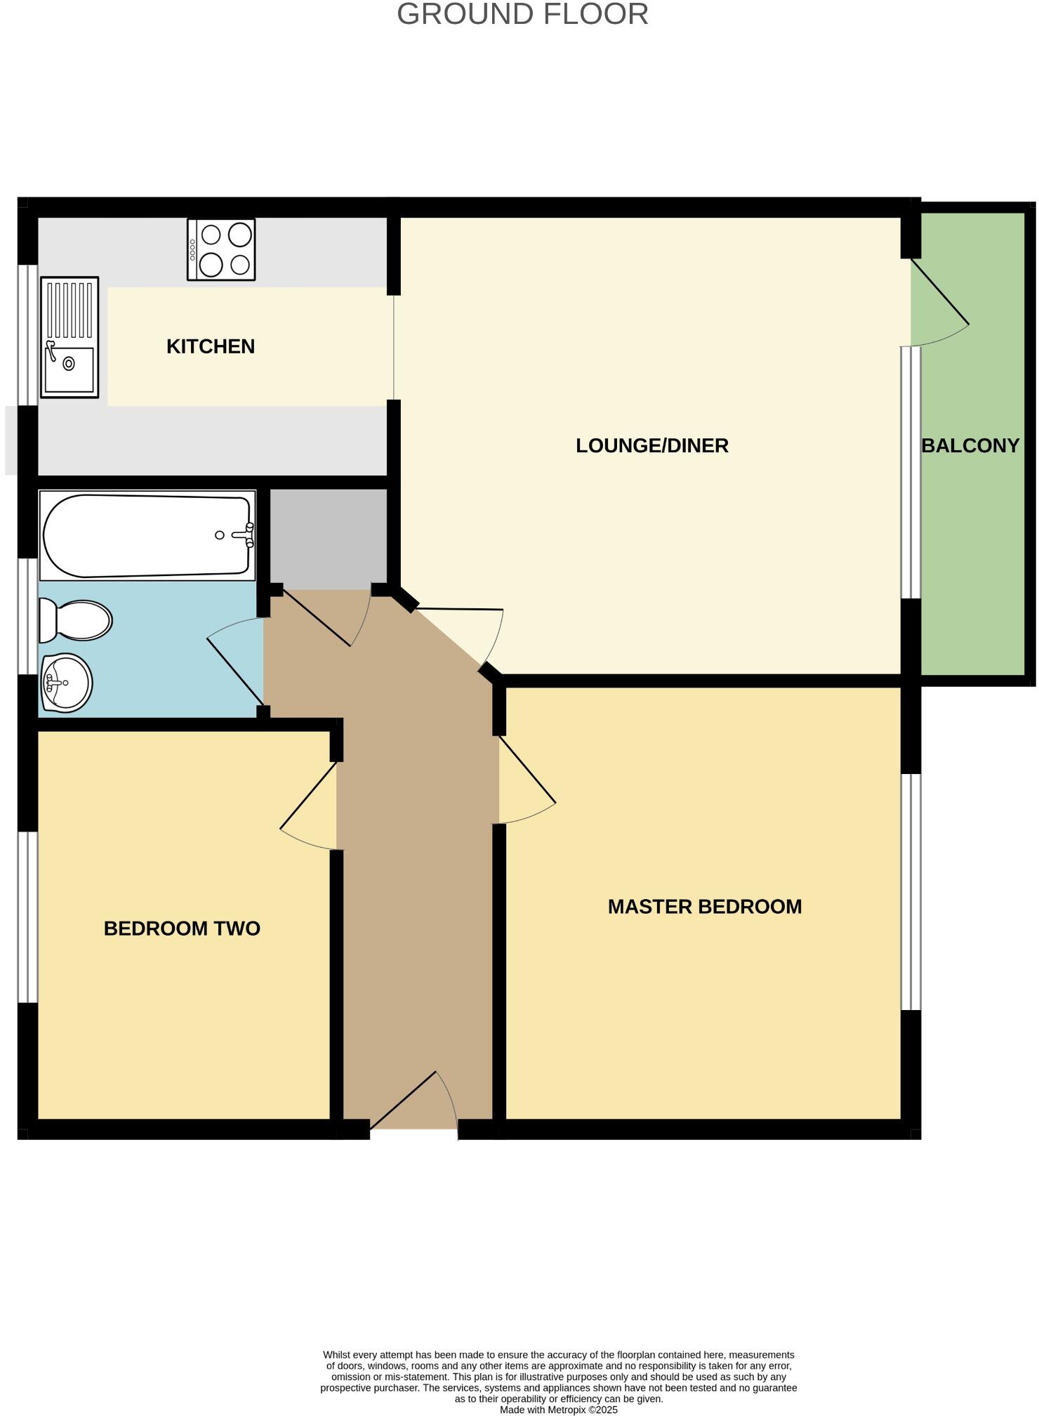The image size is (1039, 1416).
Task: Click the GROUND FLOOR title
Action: tap(522, 15)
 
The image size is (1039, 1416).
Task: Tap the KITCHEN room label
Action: tap(210, 346)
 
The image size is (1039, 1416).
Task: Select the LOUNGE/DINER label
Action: tap(651, 445)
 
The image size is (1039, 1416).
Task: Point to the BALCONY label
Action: tap(969, 445)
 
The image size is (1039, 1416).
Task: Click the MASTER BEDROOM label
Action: tap(704, 906)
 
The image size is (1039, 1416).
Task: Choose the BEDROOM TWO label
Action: tap(182, 928)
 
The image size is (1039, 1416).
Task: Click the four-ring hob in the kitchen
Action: tap(221, 249)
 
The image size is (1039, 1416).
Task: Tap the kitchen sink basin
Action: tap(69, 367)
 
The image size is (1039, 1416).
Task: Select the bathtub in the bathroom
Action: tap(146, 535)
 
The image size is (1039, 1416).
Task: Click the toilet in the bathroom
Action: tap(76, 620)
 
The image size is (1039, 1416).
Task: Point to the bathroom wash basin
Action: tap(67, 682)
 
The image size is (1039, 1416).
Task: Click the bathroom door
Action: tap(235, 664)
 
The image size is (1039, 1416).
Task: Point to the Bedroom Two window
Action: tap(27, 917)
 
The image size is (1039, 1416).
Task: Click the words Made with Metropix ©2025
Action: tap(558, 1409)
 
